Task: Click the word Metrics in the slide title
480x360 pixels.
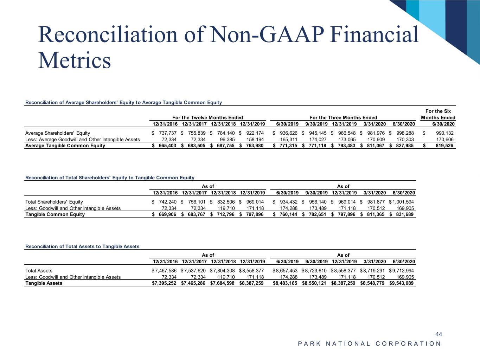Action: (75, 60)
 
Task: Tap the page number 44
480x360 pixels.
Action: (439, 334)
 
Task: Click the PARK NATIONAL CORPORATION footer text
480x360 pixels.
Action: (369, 344)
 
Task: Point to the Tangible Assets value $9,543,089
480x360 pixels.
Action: (402, 283)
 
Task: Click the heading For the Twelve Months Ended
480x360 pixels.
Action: (207, 117)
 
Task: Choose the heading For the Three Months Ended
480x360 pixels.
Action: (343, 117)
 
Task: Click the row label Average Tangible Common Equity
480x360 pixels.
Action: (65, 146)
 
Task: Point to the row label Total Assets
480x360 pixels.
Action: (39, 271)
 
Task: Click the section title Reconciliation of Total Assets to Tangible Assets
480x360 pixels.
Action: (82, 246)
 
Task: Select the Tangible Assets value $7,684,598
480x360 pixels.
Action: (222, 283)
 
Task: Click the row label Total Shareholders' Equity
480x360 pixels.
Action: (54, 202)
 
